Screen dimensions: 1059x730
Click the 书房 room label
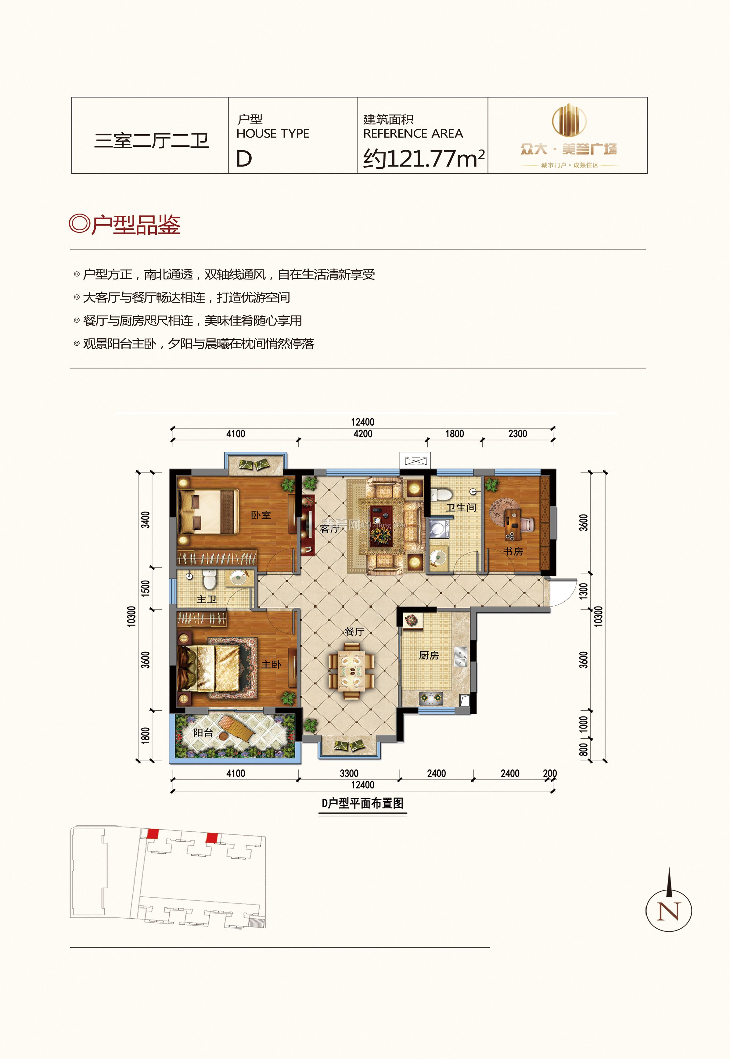pyautogui.click(x=513, y=552)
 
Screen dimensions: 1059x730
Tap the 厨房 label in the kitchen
pyautogui.click(x=429, y=656)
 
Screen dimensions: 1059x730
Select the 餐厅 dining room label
pyautogui.click(x=354, y=632)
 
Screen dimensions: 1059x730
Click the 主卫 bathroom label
pyautogui.click(x=206, y=599)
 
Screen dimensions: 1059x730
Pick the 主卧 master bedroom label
pyautogui.click(x=271, y=664)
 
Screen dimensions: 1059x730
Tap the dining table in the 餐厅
pyautogui.click(x=352, y=671)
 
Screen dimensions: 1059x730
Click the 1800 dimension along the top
pyautogui.click(x=454, y=434)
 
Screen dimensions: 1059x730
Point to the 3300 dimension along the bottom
pyautogui.click(x=349, y=773)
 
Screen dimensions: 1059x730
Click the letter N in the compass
pyautogui.click(x=669, y=911)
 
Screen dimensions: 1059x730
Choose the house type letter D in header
pyautogui.click(x=244, y=159)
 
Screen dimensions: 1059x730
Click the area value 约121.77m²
pyautogui.click(x=423, y=158)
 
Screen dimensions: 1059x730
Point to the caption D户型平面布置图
pyautogui.click(x=362, y=803)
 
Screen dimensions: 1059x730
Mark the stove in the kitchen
pyautogui.click(x=431, y=698)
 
